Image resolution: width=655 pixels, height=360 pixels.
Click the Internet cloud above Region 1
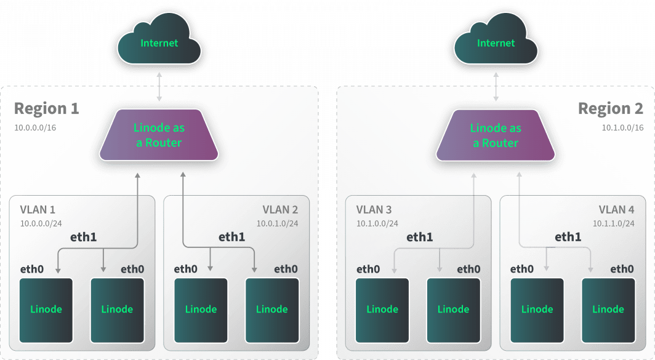[x=159, y=44]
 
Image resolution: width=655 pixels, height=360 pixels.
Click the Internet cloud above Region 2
[x=496, y=44]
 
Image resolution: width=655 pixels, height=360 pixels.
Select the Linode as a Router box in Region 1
[x=158, y=135]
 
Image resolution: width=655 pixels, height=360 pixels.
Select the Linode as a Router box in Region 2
[x=496, y=135]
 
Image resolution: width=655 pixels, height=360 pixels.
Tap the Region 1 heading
[x=47, y=109]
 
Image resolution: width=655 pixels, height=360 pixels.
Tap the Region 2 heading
[x=611, y=109]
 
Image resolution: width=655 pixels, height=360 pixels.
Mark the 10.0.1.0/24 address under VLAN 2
[x=277, y=223]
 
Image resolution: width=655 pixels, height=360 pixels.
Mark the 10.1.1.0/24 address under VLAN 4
[x=614, y=223]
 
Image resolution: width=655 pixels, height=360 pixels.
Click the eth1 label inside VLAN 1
[x=84, y=236]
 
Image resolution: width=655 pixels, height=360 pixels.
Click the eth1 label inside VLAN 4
[x=568, y=236]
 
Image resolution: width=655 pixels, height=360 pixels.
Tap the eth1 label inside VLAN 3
[x=419, y=236]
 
